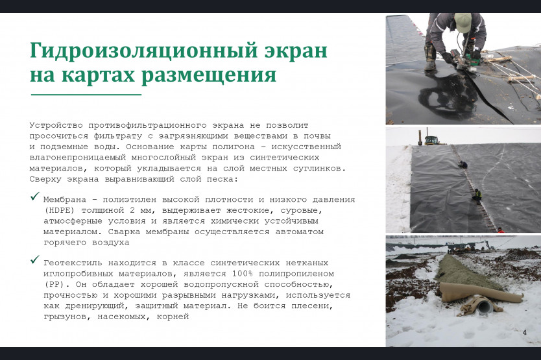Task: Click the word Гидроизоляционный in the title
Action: point(144,51)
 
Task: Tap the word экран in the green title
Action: point(296,51)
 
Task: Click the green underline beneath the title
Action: point(86,94)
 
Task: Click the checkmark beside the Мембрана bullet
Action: point(35,196)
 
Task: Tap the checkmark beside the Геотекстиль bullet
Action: point(35,259)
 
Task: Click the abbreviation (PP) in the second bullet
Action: point(54,284)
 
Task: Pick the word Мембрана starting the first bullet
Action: point(65,200)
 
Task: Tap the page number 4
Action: point(524,332)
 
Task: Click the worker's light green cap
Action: point(463,23)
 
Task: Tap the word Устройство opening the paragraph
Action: point(56,125)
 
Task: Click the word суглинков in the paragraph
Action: point(319,169)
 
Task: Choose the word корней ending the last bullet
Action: point(173,317)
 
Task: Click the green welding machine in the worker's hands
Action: point(470,58)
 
